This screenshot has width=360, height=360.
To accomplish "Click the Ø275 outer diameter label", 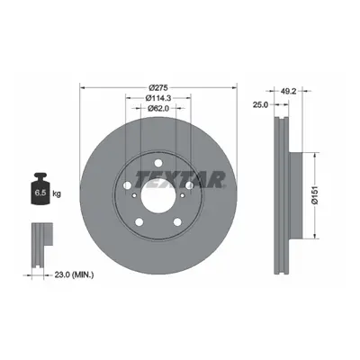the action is pyautogui.click(x=158, y=88).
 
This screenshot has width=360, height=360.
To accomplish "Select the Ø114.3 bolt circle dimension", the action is pyautogui.click(x=158, y=98).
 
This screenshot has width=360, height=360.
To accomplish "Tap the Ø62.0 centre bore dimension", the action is pyautogui.click(x=158, y=108).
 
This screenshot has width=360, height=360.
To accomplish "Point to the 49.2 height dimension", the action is pyautogui.click(x=289, y=92).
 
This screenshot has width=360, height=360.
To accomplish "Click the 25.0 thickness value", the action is pyautogui.click(x=260, y=104).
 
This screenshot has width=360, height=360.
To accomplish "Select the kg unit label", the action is pyautogui.click(x=57, y=193).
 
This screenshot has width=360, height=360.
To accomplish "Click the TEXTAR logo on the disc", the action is pyautogui.click(x=180, y=179).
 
